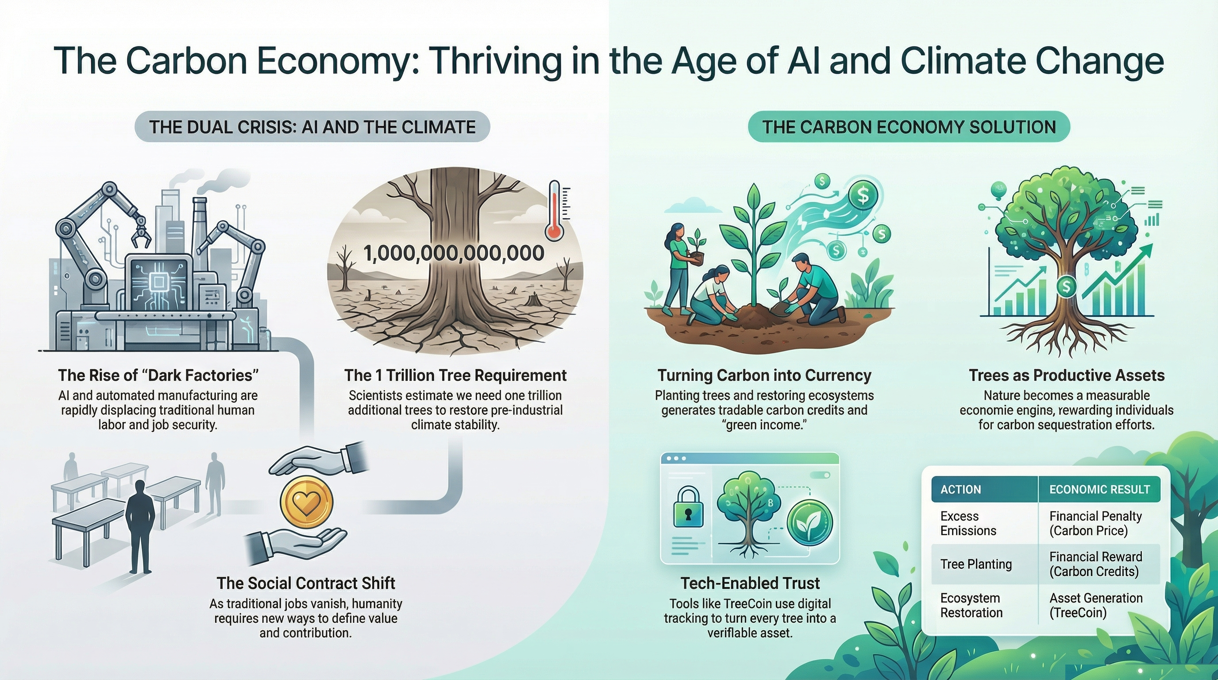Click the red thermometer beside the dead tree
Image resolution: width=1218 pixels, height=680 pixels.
pyautogui.click(x=554, y=211)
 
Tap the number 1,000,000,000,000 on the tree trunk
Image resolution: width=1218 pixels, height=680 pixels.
pyautogui.click(x=454, y=253)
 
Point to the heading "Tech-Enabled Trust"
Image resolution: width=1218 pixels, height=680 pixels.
pyautogui.click(x=750, y=583)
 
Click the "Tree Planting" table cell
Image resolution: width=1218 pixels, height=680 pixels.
pyautogui.click(x=976, y=564)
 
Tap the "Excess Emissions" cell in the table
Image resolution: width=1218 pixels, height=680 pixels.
pyautogui.click(x=968, y=523)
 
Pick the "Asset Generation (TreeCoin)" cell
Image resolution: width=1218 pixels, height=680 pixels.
pyautogui.click(x=1096, y=605)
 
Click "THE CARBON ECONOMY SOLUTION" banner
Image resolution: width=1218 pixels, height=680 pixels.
pyautogui.click(x=909, y=127)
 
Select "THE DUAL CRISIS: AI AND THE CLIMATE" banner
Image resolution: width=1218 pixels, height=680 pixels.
pyautogui.click(x=312, y=127)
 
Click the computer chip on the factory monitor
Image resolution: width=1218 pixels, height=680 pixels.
pyautogui.click(x=157, y=283)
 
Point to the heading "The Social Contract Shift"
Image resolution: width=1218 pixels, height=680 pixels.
pyautogui.click(x=306, y=583)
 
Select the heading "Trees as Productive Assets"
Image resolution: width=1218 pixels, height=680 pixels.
pyautogui.click(x=1067, y=375)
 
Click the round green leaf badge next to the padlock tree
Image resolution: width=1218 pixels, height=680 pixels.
pyautogui.click(x=809, y=522)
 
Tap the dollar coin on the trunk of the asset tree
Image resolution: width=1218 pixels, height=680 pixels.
pyautogui.click(x=1066, y=286)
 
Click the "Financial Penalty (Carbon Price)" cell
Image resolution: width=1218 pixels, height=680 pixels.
pyautogui.click(x=1095, y=523)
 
